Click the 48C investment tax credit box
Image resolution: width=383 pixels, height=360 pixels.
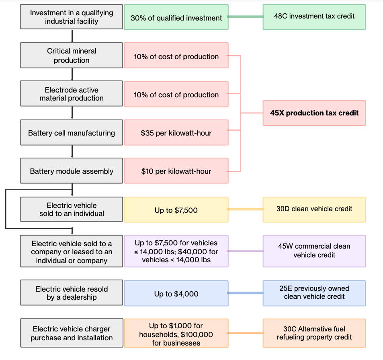click(314, 17)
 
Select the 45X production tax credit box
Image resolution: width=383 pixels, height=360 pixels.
click(314, 113)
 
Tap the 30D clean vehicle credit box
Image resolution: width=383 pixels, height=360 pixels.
click(314, 209)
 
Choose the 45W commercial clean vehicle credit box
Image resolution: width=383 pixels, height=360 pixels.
click(314, 251)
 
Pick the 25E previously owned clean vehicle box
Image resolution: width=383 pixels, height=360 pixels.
click(314, 293)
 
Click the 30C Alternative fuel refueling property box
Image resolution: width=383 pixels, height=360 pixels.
click(314, 333)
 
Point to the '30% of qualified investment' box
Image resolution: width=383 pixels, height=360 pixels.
click(176, 18)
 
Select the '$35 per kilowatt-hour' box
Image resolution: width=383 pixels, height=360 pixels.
click(176, 133)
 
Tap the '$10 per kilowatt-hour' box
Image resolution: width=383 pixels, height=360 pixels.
click(176, 171)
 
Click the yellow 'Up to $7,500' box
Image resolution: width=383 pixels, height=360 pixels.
click(176, 210)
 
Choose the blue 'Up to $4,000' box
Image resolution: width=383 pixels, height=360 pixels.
click(176, 294)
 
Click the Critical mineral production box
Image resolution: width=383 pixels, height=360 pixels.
click(72, 56)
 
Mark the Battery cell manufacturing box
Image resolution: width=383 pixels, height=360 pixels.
click(72, 133)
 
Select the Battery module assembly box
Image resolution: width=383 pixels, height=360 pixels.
click(72, 171)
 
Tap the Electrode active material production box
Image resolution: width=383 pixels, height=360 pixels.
click(72, 94)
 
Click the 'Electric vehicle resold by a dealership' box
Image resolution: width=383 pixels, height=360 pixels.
click(72, 293)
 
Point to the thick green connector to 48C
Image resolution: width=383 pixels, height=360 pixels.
click(245, 17)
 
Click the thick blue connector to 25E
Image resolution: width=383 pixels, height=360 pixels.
click(245, 293)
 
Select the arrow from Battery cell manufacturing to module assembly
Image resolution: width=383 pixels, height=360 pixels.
click(72, 151)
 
